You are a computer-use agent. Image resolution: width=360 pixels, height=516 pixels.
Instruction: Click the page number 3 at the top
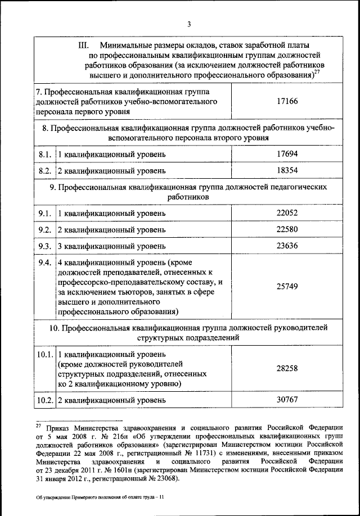[x=190, y=23]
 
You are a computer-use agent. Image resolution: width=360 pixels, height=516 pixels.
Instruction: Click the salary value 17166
[x=287, y=101]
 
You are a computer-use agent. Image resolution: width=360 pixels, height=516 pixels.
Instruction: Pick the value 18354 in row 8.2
[x=287, y=170]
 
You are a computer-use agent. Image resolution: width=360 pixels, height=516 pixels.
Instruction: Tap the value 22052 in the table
[x=287, y=214]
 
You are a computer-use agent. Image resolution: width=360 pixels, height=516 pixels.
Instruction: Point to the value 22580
[x=287, y=229]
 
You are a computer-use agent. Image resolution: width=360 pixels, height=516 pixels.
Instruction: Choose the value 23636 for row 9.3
[x=287, y=246]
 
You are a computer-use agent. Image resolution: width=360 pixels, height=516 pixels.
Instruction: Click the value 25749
[x=287, y=286]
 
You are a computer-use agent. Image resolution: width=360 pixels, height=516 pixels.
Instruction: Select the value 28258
[x=287, y=369]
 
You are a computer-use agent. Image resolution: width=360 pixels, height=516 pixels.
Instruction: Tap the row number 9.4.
[x=45, y=262]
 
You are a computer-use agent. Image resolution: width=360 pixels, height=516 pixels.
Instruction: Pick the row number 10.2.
[x=45, y=400]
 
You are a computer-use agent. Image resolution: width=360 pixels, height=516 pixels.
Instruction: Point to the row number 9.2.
[x=45, y=230]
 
